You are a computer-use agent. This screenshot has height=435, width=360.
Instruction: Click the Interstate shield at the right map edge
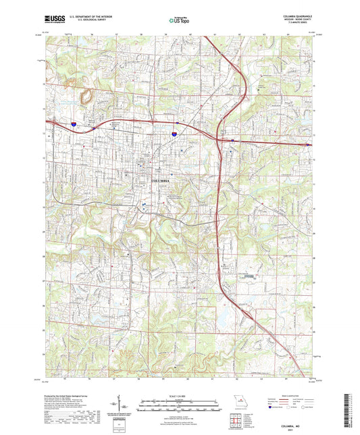309,144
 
